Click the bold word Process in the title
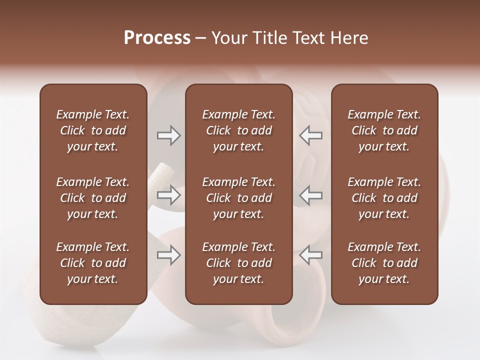pos(157,38)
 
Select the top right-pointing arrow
pos(168,135)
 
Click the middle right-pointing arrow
pos(168,195)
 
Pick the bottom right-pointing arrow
pos(168,255)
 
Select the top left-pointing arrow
pos(311,135)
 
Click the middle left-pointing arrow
pos(311,195)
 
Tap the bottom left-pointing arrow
pos(311,255)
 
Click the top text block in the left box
pos(93,130)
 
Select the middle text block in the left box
pos(93,198)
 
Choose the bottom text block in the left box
pos(93,263)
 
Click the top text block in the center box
pos(238,130)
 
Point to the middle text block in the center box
pos(238,198)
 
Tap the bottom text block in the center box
pos(238,263)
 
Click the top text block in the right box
pos(384,130)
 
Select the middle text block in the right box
pos(384,198)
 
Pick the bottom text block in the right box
pos(384,263)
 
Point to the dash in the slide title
pos(201,38)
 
